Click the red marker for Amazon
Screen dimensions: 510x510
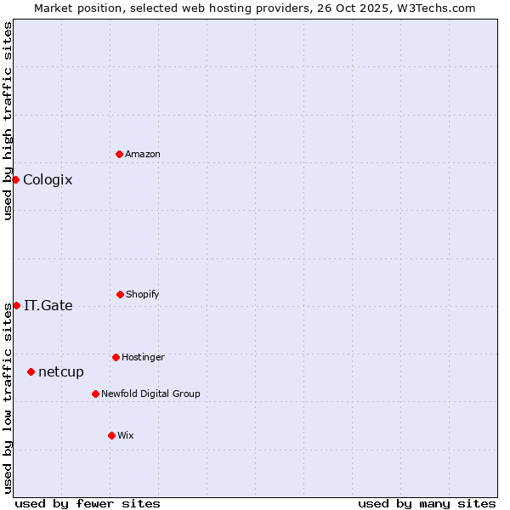(119, 154)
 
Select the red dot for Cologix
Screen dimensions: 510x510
(15, 179)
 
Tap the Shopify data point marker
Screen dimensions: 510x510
(120, 294)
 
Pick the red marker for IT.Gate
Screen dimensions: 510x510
(16, 305)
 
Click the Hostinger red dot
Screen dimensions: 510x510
(116, 357)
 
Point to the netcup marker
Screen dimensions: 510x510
(31, 371)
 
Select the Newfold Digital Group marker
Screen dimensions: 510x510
(95, 394)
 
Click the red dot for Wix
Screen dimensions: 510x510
(111, 435)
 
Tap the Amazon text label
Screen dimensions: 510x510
(143, 154)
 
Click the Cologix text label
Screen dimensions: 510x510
(48, 179)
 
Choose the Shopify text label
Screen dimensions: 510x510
(143, 294)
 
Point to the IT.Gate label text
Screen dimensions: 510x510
(48, 305)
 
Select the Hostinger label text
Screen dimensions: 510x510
(143, 357)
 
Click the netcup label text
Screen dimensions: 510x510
(61, 371)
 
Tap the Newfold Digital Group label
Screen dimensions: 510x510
(150, 394)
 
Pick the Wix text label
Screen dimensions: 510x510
(126, 435)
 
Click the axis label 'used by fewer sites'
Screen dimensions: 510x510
(88, 503)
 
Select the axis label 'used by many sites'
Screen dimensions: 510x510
(427, 503)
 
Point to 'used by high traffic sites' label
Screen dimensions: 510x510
(8, 121)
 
